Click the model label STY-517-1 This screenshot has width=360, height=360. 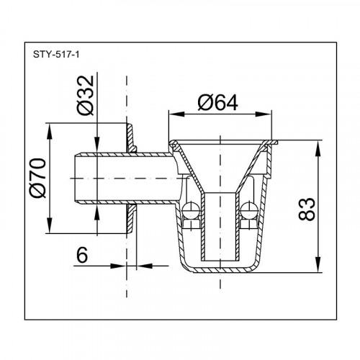[x=56, y=55]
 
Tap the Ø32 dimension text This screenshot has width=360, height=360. [x=86, y=95]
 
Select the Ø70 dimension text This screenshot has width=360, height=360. [x=37, y=178]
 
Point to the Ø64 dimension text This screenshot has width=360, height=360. [x=217, y=102]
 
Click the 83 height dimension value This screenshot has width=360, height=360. [x=306, y=209]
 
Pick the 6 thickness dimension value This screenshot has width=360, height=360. [x=82, y=255]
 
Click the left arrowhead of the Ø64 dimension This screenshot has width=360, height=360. [x=176, y=114]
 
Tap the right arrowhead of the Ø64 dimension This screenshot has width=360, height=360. [x=264, y=114]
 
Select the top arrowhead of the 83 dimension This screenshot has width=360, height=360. [x=318, y=149]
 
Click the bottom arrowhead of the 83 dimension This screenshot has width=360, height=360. [x=318, y=264]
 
